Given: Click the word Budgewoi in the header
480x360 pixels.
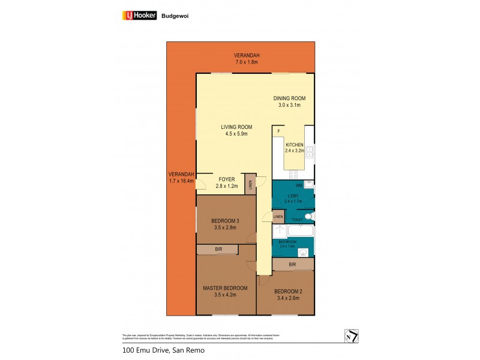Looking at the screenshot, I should (173, 16).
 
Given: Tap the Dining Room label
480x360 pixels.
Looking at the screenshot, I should (290, 98).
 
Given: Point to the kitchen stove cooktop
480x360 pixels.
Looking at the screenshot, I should (294, 174).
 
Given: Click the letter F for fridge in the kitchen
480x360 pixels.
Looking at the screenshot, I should (278, 130).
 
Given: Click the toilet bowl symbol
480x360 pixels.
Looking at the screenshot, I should (308, 216).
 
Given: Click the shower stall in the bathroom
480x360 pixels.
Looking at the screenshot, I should (280, 231).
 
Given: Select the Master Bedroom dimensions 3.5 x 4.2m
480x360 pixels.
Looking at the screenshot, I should (226, 295).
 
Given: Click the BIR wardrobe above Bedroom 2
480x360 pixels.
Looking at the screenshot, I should (293, 264).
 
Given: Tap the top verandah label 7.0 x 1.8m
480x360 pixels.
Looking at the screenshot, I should (247, 60).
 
